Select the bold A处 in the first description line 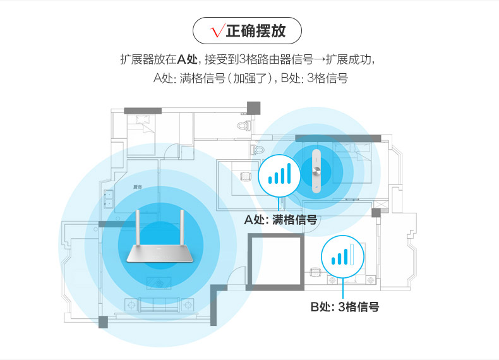pyautogui.click(x=188, y=60)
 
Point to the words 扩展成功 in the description pyautogui.click(x=351, y=60)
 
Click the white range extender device pyautogui.click(x=318, y=169)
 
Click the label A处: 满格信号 pyautogui.click(x=280, y=220)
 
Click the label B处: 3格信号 pyautogui.click(x=345, y=308)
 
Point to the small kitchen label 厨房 pyautogui.click(x=137, y=187)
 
